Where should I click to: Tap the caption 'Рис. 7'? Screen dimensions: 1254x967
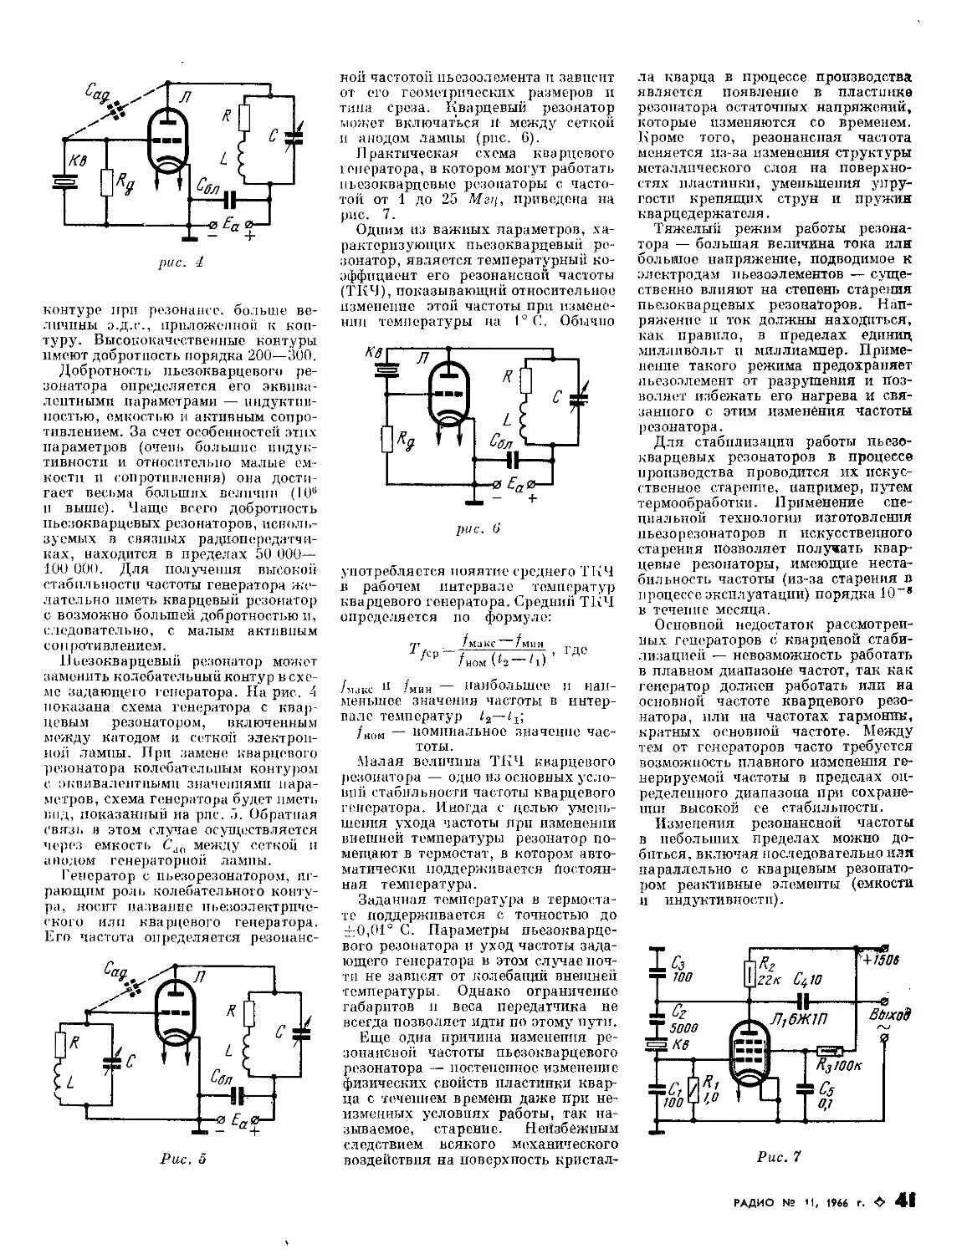tap(779, 1157)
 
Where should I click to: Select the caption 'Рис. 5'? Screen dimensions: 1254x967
tap(182, 1159)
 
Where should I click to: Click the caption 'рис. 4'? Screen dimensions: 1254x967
tap(182, 263)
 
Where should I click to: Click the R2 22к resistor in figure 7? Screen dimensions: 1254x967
tap(750, 973)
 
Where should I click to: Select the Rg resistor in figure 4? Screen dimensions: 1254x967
tap(105, 181)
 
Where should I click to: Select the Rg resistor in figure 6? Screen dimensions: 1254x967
tap(387, 438)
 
